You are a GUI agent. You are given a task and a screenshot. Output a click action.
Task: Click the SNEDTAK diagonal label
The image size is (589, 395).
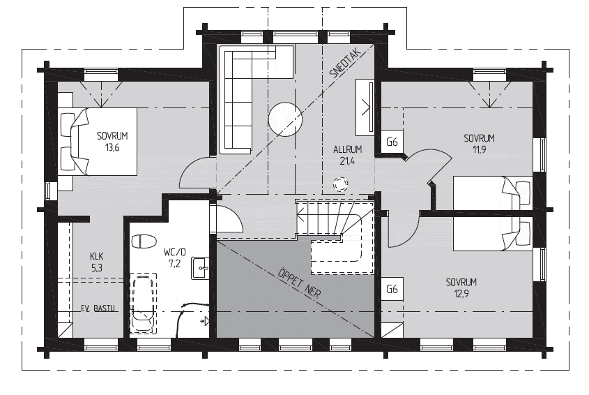pos(345,64)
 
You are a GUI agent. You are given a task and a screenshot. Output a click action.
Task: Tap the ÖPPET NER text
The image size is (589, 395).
pos(300,282)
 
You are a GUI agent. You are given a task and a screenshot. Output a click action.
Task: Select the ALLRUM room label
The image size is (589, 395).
pos(347,149)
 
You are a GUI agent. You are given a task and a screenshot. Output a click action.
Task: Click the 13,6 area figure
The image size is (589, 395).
pos(112,147)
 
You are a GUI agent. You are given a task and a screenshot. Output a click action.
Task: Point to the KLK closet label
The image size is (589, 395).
pos(96,257)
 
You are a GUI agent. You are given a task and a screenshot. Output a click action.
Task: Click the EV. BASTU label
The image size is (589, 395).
pos(98,308)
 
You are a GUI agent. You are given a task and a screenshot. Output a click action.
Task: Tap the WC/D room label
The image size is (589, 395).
pos(175,252)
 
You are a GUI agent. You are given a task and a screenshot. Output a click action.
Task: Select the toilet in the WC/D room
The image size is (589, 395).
pos(144,241)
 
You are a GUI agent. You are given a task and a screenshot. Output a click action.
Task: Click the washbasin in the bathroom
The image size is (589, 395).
pos(200,268)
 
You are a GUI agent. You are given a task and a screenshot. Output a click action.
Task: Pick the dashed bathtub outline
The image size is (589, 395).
pos(143,303)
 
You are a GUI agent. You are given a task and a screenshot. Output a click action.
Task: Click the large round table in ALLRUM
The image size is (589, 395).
pos(285,119)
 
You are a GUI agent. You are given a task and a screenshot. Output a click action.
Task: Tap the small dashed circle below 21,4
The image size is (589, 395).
pos(340,184)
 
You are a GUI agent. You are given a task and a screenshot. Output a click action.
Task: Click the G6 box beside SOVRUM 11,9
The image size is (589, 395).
pos(392,142)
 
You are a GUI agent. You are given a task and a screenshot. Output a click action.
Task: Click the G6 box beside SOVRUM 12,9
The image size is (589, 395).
pos(392,289)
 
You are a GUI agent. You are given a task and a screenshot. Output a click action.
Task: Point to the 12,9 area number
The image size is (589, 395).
pos(461,293)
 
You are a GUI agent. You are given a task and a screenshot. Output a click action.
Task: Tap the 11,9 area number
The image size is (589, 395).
pos(480,150)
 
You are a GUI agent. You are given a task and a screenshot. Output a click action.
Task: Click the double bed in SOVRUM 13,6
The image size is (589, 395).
pos(99,142)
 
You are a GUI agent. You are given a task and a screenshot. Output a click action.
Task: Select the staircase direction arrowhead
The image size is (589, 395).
pos(300,216)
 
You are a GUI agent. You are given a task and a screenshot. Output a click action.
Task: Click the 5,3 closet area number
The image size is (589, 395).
pos(96,268)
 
